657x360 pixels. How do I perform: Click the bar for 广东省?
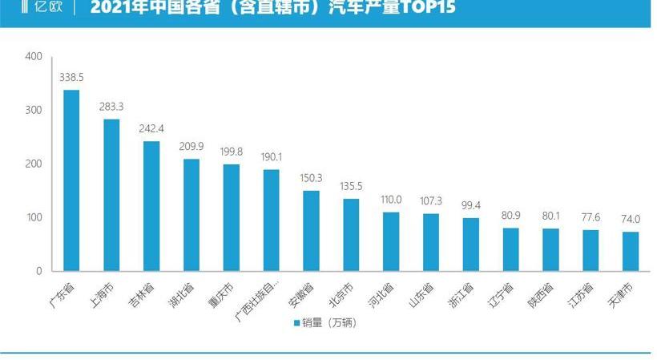(x=71, y=180)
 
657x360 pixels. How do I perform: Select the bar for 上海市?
(x=111, y=195)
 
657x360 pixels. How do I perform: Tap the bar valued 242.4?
(x=151, y=206)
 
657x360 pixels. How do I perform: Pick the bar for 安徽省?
(x=311, y=231)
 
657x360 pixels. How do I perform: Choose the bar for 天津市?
(x=631, y=251)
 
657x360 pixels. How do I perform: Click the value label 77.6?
(x=591, y=219)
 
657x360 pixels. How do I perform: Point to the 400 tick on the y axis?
(x=34, y=57)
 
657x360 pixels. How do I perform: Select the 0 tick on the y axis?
(x=38, y=272)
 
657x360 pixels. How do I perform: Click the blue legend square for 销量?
(x=296, y=323)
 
